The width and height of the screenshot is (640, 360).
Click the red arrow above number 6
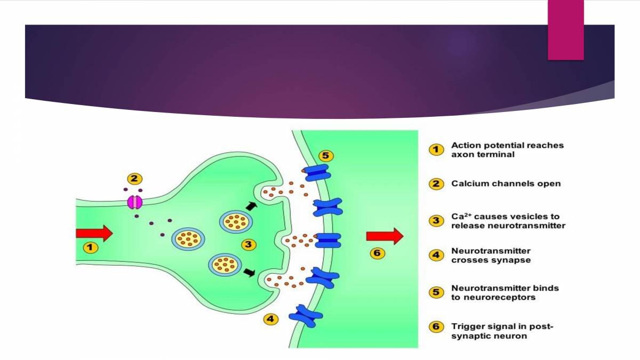pyautogui.click(x=384, y=236)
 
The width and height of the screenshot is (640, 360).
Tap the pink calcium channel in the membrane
pyautogui.click(x=134, y=202)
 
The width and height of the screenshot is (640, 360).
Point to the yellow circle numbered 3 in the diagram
pyautogui.click(x=249, y=245)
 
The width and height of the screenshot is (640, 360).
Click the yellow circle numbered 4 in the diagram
pyautogui.click(x=271, y=319)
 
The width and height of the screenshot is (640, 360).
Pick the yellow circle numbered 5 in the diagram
pyautogui.click(x=326, y=156)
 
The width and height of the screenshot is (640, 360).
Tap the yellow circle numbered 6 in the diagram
pyautogui.click(x=378, y=253)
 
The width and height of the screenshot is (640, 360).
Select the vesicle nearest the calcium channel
pyautogui.click(x=188, y=239)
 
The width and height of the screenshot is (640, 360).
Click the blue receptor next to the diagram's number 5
pyautogui.click(x=318, y=173)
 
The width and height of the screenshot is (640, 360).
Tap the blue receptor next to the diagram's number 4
pyautogui.click(x=306, y=316)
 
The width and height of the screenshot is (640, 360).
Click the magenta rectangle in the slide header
pyautogui.click(x=566, y=30)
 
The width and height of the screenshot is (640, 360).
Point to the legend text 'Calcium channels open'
pyautogui.click(x=506, y=184)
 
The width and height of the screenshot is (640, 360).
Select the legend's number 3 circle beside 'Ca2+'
pyautogui.click(x=437, y=221)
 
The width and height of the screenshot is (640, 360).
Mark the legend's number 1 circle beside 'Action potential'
pyautogui.click(x=437, y=150)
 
